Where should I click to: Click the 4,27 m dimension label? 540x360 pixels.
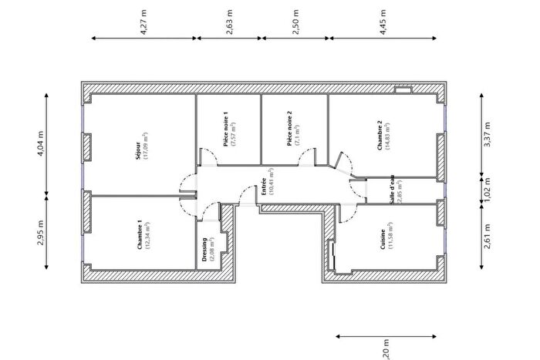(x=143, y=22)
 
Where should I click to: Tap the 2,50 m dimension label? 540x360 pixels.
(x=295, y=22)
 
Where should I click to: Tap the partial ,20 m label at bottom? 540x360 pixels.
(x=386, y=353)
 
